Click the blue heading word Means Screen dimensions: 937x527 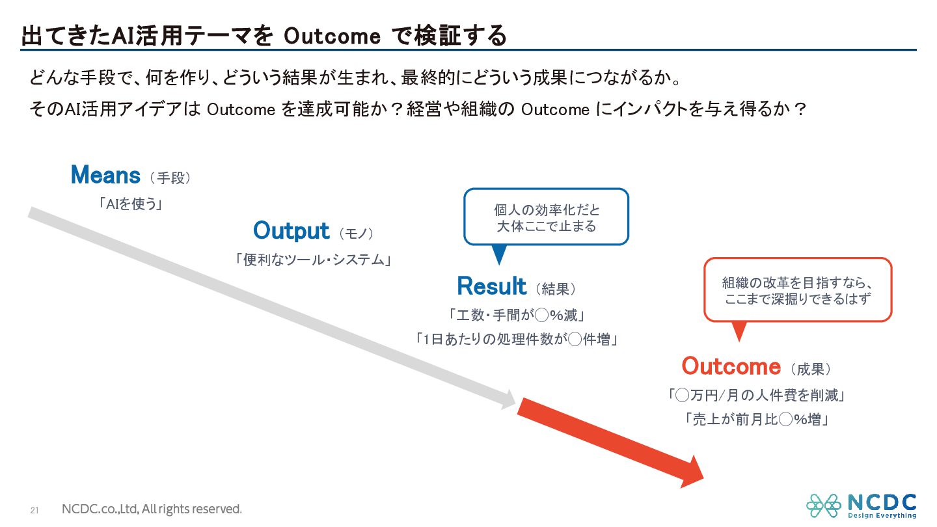click(105, 175)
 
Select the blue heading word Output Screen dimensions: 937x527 click(291, 231)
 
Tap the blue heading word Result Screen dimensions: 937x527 click(491, 286)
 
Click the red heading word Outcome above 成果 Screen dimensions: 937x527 click(731, 366)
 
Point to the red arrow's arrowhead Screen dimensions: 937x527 click(692, 472)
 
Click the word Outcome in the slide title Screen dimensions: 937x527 click(332, 36)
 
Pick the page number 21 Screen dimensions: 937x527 click(34, 510)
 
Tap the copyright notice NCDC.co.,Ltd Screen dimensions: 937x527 click(152, 509)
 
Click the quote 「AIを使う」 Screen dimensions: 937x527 click(131, 204)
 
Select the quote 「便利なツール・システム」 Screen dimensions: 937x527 click(313, 260)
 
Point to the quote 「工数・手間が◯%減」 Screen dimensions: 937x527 click(517, 315)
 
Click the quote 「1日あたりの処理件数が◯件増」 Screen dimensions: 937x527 click(517, 339)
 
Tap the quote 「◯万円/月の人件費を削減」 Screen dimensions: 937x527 click(756, 396)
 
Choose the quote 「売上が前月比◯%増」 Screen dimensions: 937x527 click(756, 419)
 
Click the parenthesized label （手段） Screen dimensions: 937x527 click(170, 178)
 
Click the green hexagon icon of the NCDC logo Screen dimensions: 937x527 click(824, 506)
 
